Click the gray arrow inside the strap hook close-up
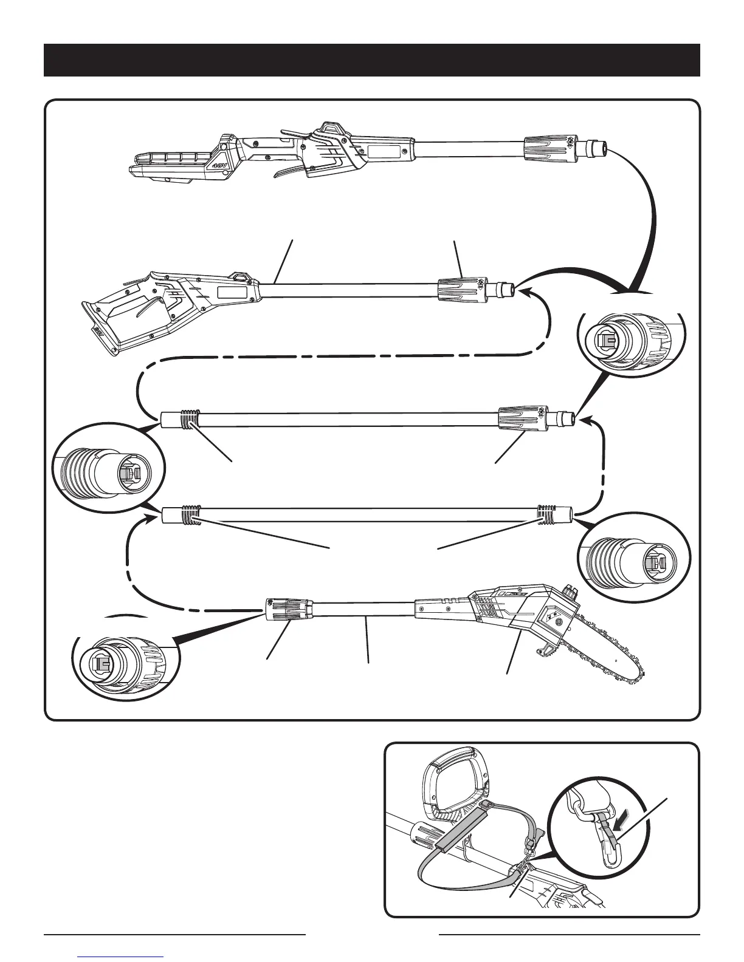tap(621, 823)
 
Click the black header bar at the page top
tap(371, 60)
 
